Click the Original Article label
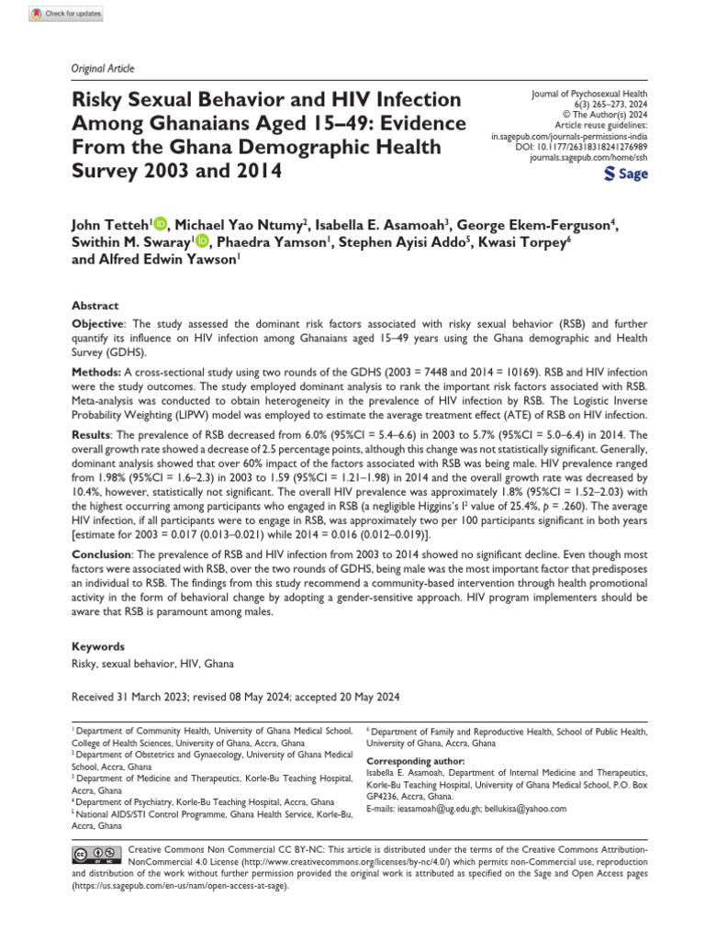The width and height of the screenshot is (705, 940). (101, 69)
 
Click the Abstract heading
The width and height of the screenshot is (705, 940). (95, 306)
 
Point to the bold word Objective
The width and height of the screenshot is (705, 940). (97, 325)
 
